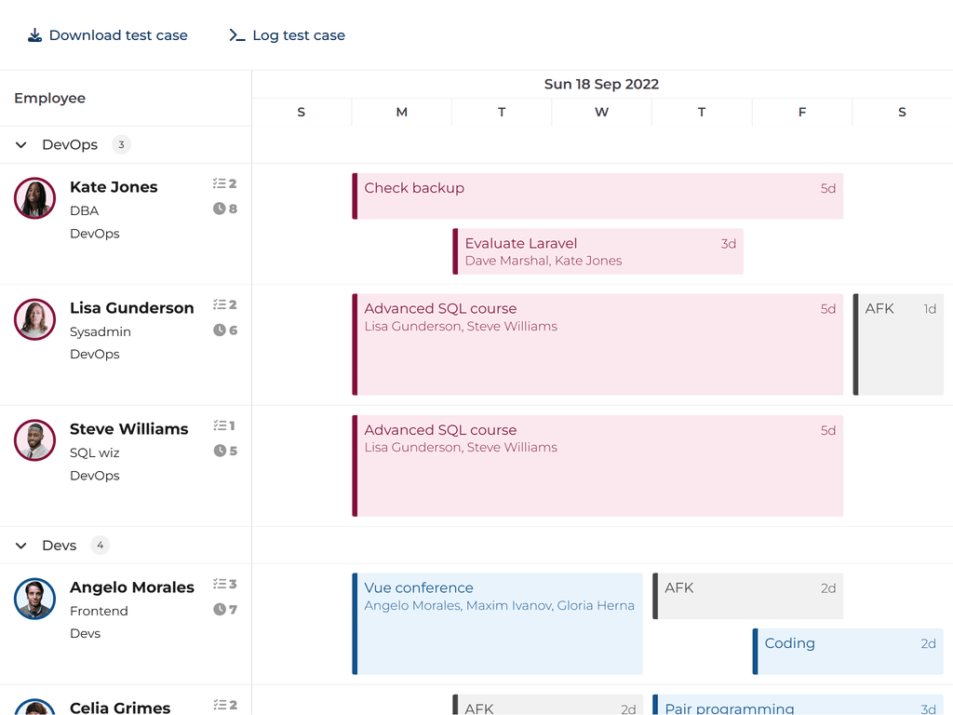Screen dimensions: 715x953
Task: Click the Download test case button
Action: (108, 35)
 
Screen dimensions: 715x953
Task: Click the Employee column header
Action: (50, 99)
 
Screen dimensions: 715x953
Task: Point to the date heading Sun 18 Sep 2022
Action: (601, 84)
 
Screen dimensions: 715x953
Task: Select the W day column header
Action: (601, 113)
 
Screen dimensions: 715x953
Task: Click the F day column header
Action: (802, 113)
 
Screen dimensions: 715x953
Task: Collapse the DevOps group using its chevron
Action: (21, 145)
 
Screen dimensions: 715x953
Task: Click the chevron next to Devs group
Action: (21, 546)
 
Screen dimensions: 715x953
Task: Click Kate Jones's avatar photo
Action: (35, 198)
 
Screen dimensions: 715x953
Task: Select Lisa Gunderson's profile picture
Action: (35, 319)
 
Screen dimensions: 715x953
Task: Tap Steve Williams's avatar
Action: (35, 440)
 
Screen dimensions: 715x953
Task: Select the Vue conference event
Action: (498, 624)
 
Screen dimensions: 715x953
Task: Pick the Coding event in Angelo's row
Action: (848, 652)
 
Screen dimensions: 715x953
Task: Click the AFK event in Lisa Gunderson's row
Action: (898, 344)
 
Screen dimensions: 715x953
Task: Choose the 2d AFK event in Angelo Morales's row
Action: (748, 596)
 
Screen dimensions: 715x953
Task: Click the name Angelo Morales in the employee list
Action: (132, 587)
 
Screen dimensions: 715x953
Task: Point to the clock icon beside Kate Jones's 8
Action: (220, 209)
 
